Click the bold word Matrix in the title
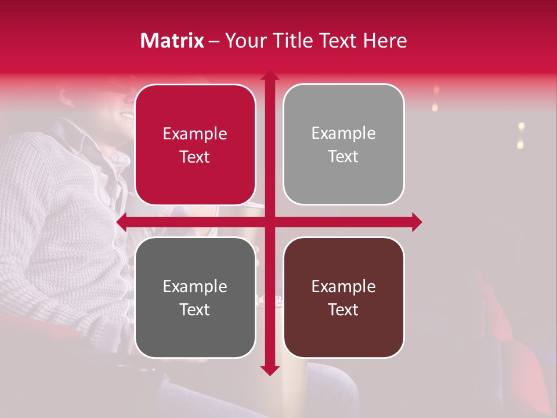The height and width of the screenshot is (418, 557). pos(172,41)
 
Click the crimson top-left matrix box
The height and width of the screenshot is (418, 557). pos(195,110)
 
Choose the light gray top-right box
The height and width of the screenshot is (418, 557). pos(343,110)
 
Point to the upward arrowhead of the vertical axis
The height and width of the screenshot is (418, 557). pos(269,76)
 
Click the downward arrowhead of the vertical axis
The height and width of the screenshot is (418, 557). pos(269,370)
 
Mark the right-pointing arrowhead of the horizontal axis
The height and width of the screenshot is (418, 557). pos(417,222)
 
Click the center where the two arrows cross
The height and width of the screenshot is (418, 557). pos(269,222)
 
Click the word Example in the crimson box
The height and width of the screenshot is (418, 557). pos(195,134)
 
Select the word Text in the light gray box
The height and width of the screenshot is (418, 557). pos(343,157)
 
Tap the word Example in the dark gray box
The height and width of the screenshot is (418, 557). pos(195,287)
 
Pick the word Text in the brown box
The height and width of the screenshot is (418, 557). pos(343,309)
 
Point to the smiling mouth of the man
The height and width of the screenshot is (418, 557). pos(125,115)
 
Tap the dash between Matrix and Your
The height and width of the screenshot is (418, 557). pos(214,41)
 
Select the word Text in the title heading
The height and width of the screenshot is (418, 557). pos(338,41)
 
